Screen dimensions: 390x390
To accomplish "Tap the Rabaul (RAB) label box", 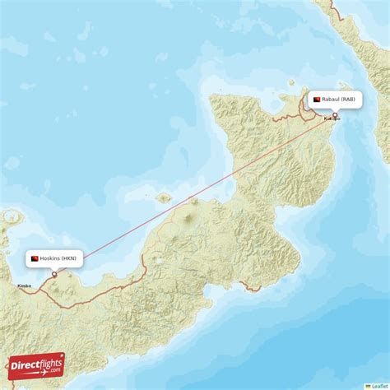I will click(334, 100).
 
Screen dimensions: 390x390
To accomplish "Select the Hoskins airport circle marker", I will click(55, 274).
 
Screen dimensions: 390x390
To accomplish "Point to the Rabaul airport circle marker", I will click(335, 115).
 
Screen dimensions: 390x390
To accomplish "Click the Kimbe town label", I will click(24, 286).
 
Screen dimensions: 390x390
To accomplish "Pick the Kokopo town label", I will click(332, 118).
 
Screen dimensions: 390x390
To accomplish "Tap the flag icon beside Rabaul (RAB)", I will click(316, 100).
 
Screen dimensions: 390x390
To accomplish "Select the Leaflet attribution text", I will click(380, 385).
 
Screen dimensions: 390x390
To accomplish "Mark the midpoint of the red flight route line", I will click(195, 195).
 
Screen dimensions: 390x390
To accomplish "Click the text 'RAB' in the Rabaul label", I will click(350, 100).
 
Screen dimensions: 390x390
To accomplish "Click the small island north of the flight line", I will click(164, 197).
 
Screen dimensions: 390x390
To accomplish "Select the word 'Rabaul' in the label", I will click(331, 100).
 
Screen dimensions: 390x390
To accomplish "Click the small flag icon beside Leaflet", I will click(368, 385).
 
